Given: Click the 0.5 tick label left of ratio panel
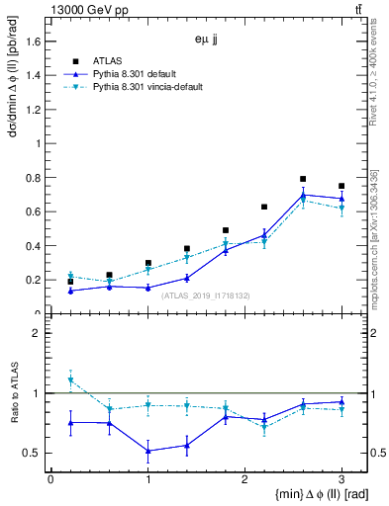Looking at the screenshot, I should click(x=34, y=453).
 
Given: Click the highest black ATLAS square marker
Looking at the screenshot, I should click(x=303, y=179).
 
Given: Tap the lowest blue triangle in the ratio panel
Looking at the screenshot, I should click(x=147, y=451).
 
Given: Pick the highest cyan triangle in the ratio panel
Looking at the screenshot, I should click(x=70, y=380).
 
